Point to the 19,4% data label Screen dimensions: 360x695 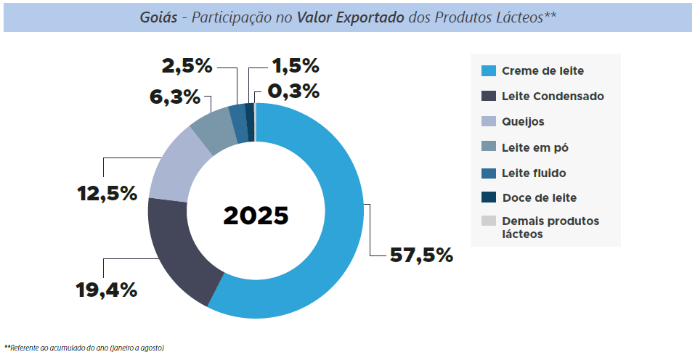pyautogui.click(x=107, y=290)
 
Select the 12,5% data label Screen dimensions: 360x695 pyautogui.click(x=107, y=194)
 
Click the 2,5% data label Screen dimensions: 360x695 pyautogui.click(x=187, y=67)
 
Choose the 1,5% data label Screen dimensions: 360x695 pyautogui.click(x=295, y=67)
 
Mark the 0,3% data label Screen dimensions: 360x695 pyautogui.click(x=293, y=91)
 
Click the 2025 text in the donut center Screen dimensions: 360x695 pyautogui.click(x=256, y=216)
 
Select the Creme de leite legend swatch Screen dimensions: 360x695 pyautogui.click(x=489, y=71)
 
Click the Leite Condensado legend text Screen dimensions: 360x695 pyautogui.click(x=553, y=96)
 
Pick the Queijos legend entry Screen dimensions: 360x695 pyautogui.click(x=523, y=121)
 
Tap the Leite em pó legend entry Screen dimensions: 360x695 pyautogui.click(x=535, y=147)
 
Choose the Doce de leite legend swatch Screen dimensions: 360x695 pyautogui.click(x=489, y=197)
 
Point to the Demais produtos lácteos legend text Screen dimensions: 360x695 pyautogui.click(x=550, y=227)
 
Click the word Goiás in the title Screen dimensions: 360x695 pyautogui.click(x=159, y=17)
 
